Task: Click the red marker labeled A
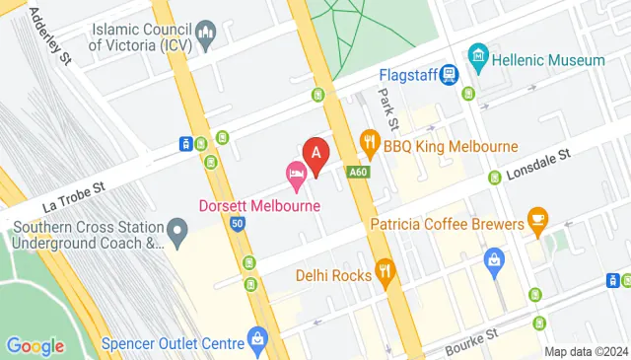point(315,155)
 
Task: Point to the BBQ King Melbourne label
point(452,147)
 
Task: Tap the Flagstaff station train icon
point(450,75)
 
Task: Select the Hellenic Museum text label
point(548,60)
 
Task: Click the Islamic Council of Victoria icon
point(206,38)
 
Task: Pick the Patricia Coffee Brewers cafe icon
point(537,218)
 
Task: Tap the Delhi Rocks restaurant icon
point(385,268)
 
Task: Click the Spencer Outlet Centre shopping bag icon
point(257,339)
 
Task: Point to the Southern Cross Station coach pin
point(177,235)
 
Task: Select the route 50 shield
point(238,225)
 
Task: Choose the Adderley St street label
point(51,36)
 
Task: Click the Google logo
point(35,345)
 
